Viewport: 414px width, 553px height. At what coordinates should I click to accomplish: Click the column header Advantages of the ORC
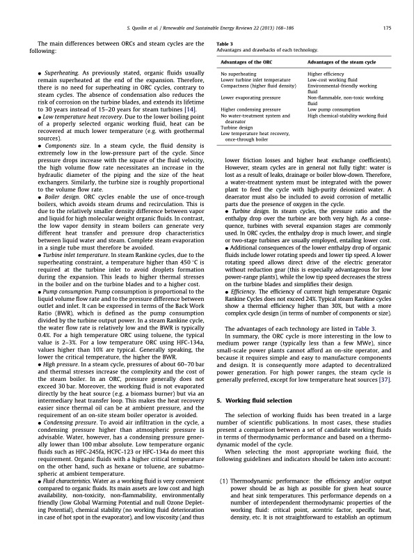245,63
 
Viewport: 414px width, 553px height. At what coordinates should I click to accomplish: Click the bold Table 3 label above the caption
217,44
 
